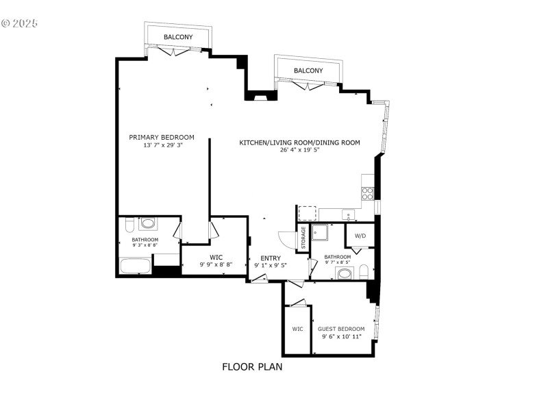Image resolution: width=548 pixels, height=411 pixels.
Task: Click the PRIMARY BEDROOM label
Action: (x=162, y=137)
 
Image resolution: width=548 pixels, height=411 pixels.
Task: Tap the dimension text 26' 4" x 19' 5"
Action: (x=299, y=151)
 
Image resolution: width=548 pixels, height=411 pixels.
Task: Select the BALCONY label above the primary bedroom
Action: (x=178, y=37)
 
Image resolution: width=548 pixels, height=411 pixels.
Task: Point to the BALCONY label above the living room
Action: (x=308, y=71)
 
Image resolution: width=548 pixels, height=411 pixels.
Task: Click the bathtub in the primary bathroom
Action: (x=134, y=266)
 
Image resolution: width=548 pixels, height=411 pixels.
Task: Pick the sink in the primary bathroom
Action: (x=147, y=223)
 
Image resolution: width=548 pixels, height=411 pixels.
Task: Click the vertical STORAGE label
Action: (x=303, y=237)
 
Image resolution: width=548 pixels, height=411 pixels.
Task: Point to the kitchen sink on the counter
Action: (x=348, y=215)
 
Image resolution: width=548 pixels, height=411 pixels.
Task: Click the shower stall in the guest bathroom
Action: (x=320, y=234)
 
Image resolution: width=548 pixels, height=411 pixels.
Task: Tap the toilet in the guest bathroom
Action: (x=364, y=271)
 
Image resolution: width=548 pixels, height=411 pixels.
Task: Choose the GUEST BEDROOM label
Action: (x=341, y=329)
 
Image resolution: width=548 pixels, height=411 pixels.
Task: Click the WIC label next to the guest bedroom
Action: (x=297, y=329)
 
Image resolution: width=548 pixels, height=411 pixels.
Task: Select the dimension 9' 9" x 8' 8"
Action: (x=216, y=264)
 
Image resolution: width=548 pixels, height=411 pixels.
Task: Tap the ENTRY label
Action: (x=271, y=258)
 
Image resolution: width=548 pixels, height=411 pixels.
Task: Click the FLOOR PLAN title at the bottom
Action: (x=252, y=366)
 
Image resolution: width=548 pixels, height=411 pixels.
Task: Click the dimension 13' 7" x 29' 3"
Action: (x=163, y=145)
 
